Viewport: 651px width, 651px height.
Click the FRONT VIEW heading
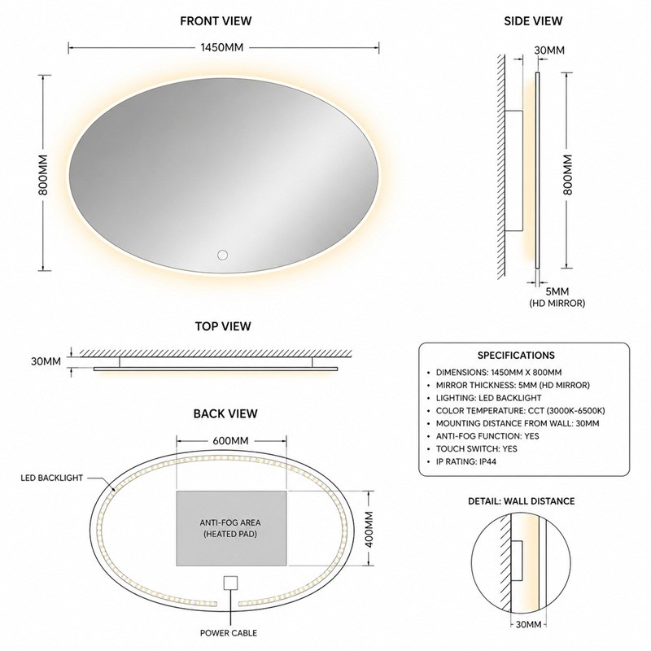(216, 21)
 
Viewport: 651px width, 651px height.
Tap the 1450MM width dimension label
(221, 47)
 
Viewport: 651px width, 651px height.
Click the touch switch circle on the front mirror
(222, 255)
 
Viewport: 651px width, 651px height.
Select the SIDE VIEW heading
(533, 21)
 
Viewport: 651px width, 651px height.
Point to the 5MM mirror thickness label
(557, 291)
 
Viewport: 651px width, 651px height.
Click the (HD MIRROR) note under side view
(557, 303)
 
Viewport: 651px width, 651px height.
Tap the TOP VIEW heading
(223, 326)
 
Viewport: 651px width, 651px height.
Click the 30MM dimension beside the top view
(46, 361)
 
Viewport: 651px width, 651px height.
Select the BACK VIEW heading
(225, 413)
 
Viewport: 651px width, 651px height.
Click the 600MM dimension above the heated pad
(230, 440)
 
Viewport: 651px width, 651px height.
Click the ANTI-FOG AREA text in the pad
(230, 522)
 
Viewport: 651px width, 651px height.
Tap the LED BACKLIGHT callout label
(52, 478)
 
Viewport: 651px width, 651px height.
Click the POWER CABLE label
(229, 633)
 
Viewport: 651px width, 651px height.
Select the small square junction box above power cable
(230, 583)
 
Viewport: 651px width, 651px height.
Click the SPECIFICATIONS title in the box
(516, 356)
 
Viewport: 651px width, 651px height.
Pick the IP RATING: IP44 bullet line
(465, 461)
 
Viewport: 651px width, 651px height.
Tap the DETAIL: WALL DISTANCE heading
(521, 501)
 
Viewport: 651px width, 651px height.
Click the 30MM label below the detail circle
(528, 636)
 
